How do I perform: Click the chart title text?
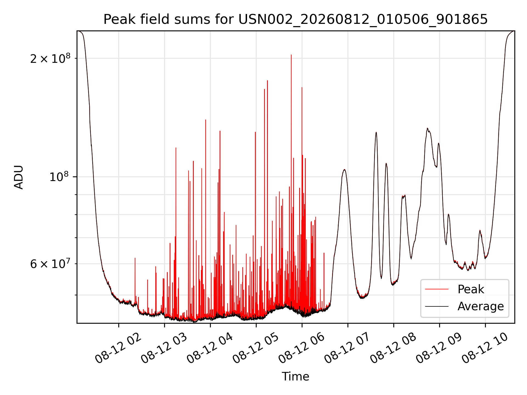click(x=295, y=19)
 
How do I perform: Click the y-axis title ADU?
click(x=19, y=177)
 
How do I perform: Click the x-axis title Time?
click(x=295, y=376)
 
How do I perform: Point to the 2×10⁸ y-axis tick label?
click(x=50, y=58)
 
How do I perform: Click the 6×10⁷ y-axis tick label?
click(x=50, y=264)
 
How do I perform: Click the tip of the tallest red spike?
click(x=291, y=55)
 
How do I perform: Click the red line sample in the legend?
click(x=437, y=289)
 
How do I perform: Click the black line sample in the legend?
click(x=437, y=306)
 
